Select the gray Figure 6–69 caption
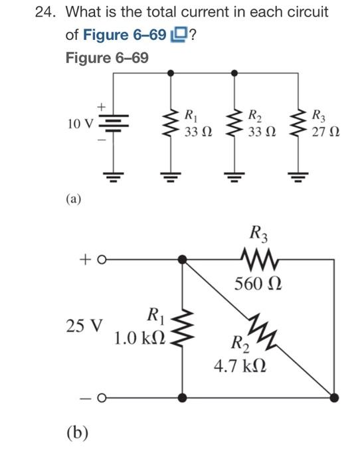point(106,58)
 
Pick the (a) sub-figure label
point(73,198)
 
